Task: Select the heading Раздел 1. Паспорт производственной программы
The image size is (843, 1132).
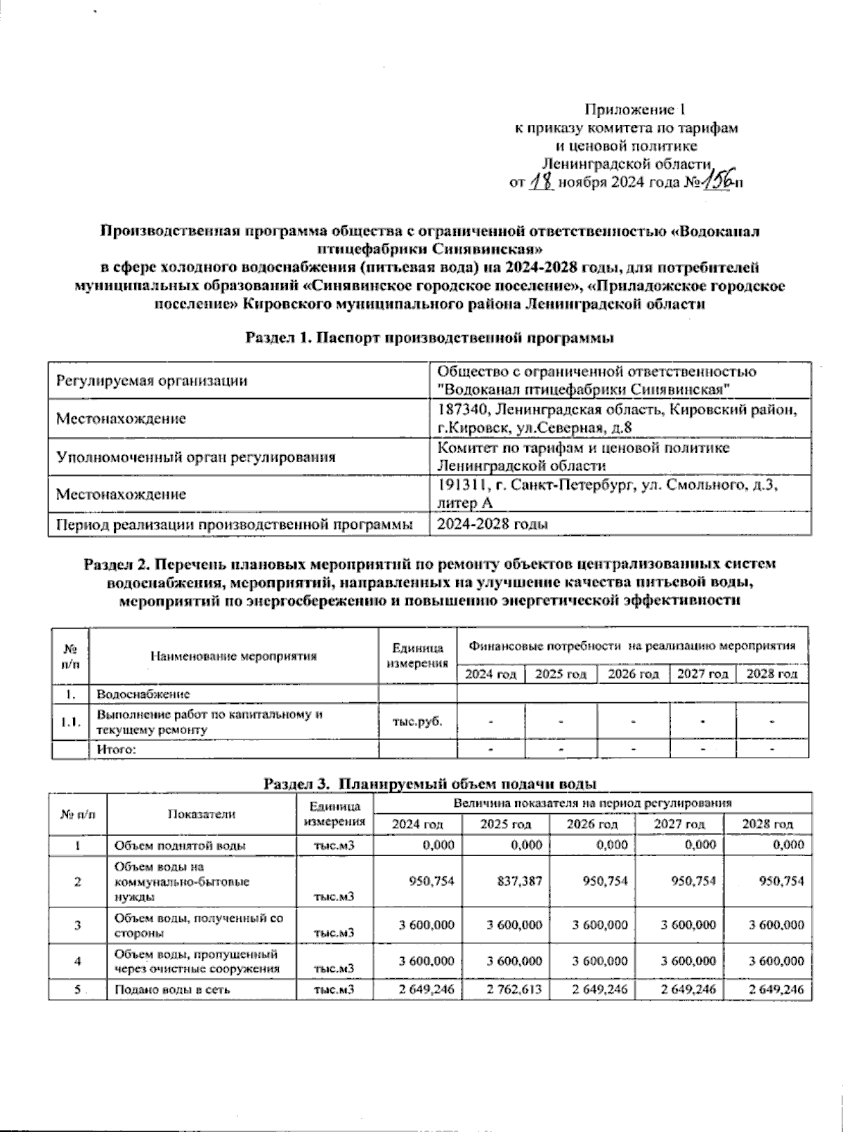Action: point(429,338)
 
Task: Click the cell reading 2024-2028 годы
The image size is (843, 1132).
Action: point(492,525)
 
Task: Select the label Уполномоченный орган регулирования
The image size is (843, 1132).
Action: point(195,457)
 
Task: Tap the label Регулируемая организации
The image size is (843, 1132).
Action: point(152,381)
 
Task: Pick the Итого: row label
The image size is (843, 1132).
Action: point(116,749)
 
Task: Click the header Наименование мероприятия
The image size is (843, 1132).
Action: point(233,657)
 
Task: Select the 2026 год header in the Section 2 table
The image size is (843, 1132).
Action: point(633,674)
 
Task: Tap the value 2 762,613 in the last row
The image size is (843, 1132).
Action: point(514,989)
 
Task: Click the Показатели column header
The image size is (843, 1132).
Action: point(201,814)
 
